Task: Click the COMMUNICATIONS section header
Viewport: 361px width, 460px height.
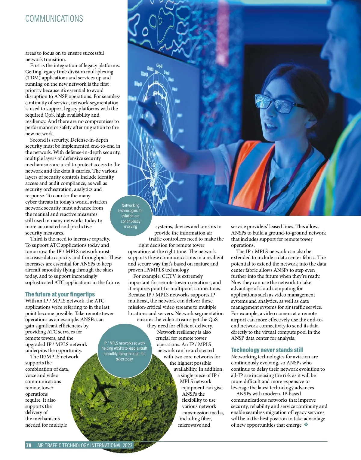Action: pyautogui.click(x=54, y=19)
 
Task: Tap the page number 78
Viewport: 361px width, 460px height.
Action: pyautogui.click(x=29, y=445)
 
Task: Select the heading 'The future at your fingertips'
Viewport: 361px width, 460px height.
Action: pyautogui.click(x=60, y=294)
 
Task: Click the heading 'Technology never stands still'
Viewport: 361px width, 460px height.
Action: pyautogui.click(x=267, y=350)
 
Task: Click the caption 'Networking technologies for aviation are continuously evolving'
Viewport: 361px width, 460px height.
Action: pyautogui.click(x=131, y=216)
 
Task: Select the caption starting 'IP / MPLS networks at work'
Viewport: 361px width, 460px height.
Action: pyautogui.click(x=125, y=351)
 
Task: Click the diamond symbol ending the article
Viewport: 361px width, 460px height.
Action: pyautogui.click(x=306, y=425)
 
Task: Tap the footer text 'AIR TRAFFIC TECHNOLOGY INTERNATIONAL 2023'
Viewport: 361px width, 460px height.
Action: pyautogui.click(x=85, y=445)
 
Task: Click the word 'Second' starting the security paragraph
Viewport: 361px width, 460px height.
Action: pyautogui.click(x=38, y=140)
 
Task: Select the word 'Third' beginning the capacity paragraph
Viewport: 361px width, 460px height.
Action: pyautogui.click(x=36, y=239)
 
